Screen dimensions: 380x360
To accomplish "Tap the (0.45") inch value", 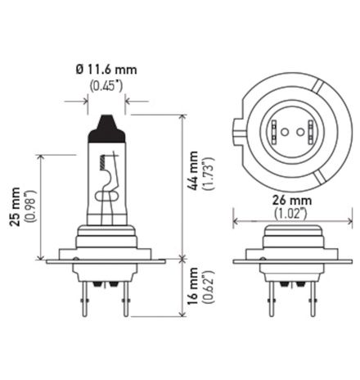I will coord(106,84).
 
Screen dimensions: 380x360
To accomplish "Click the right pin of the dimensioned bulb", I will coord(124,299).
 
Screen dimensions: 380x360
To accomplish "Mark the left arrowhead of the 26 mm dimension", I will coord(236,220).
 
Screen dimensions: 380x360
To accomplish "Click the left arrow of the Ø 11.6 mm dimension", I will coord(84,102).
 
